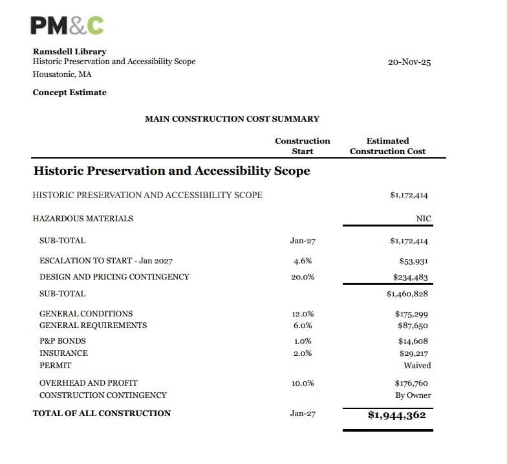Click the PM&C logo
coord(67,25)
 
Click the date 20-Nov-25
coord(409,62)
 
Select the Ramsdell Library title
coord(69,51)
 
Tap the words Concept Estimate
coord(69,93)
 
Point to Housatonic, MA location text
coord(62,74)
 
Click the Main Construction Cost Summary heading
coord(232,119)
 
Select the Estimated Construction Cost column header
coord(387,146)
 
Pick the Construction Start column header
coord(302,146)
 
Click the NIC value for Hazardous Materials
coord(424,219)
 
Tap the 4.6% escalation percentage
coord(302,261)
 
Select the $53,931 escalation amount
coord(414,261)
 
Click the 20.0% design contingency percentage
coord(302,277)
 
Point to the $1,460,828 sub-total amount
coord(408,294)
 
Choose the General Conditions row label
coord(86,313)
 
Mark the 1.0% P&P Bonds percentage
coord(302,341)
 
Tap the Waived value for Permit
coord(417,366)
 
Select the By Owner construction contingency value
coord(413,395)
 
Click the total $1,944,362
coord(396,415)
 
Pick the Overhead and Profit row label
coord(88,382)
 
